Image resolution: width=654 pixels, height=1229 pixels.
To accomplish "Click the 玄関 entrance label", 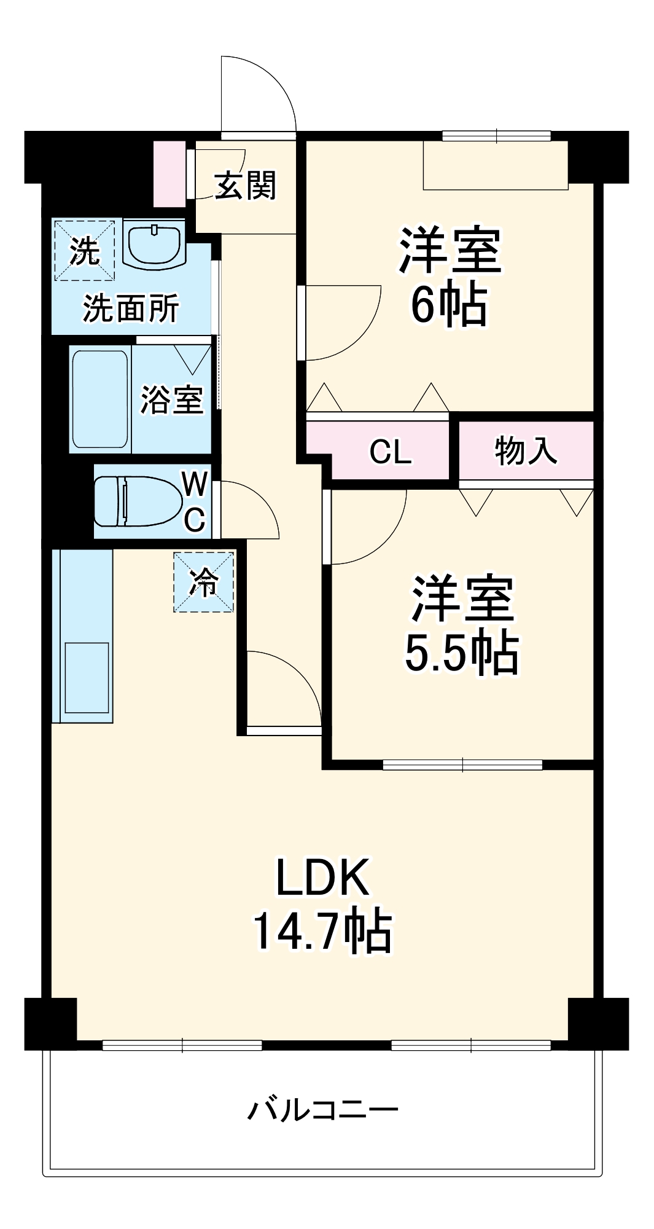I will [246, 186].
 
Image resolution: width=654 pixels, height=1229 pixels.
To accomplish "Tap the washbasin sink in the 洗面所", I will [154, 244].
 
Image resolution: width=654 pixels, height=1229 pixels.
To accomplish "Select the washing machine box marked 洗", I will [84, 250].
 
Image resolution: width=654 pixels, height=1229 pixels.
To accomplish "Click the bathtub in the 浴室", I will [100, 399].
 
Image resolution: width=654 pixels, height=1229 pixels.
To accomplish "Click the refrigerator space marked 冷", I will [203, 582].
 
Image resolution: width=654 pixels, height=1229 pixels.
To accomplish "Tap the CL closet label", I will [391, 453].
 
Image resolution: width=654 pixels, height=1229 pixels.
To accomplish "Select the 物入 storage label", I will [526, 450].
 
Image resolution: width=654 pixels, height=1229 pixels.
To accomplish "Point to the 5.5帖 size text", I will [462, 653].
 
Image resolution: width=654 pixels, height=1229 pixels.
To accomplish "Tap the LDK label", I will [322, 878].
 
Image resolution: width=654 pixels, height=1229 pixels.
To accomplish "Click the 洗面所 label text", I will [131, 308].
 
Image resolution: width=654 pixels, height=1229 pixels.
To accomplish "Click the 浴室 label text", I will [171, 399].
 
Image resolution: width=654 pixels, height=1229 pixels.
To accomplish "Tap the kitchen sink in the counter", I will [87, 678].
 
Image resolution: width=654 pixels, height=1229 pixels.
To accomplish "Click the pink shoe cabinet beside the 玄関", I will [169, 174].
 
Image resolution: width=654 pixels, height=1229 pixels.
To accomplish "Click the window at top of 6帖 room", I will [496, 136].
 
